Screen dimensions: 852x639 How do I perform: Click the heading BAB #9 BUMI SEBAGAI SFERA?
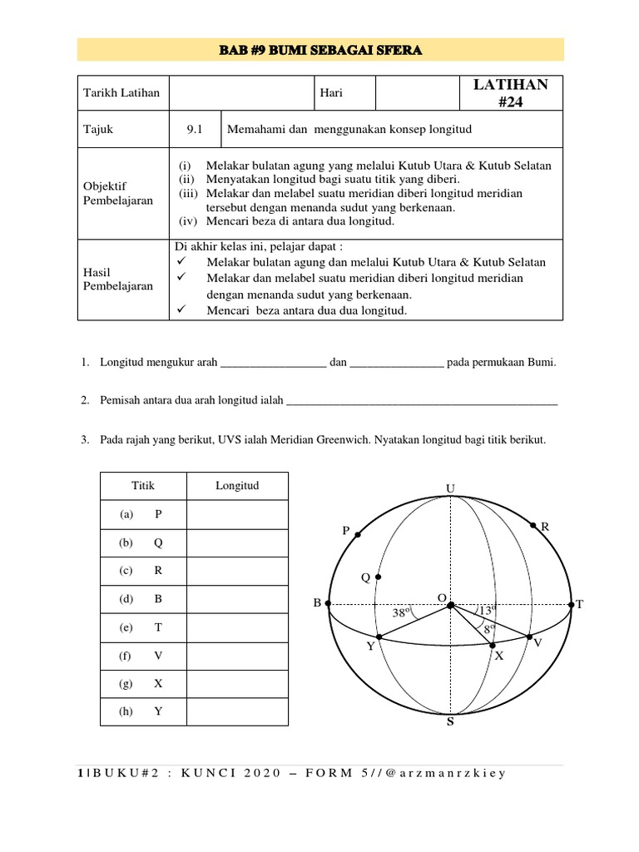(319, 50)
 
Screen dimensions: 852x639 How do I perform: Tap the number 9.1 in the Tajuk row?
(195, 130)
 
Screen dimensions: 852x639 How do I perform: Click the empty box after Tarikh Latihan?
(241, 94)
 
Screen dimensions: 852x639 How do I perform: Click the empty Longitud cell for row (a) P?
(237, 514)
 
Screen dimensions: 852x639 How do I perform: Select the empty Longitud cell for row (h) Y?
(237, 711)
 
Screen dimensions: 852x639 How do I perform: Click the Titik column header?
(143, 486)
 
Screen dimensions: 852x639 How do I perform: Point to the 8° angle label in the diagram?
(488, 630)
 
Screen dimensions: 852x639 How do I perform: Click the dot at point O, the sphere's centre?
(450, 605)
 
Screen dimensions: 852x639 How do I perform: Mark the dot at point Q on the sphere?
(379, 577)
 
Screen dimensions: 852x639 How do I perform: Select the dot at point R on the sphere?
(533, 526)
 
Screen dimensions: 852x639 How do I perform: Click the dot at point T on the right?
(572, 605)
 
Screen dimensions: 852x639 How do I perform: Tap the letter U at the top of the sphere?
(450, 488)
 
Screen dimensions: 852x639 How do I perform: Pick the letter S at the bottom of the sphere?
(450, 721)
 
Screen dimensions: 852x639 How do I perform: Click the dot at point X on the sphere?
(493, 645)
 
